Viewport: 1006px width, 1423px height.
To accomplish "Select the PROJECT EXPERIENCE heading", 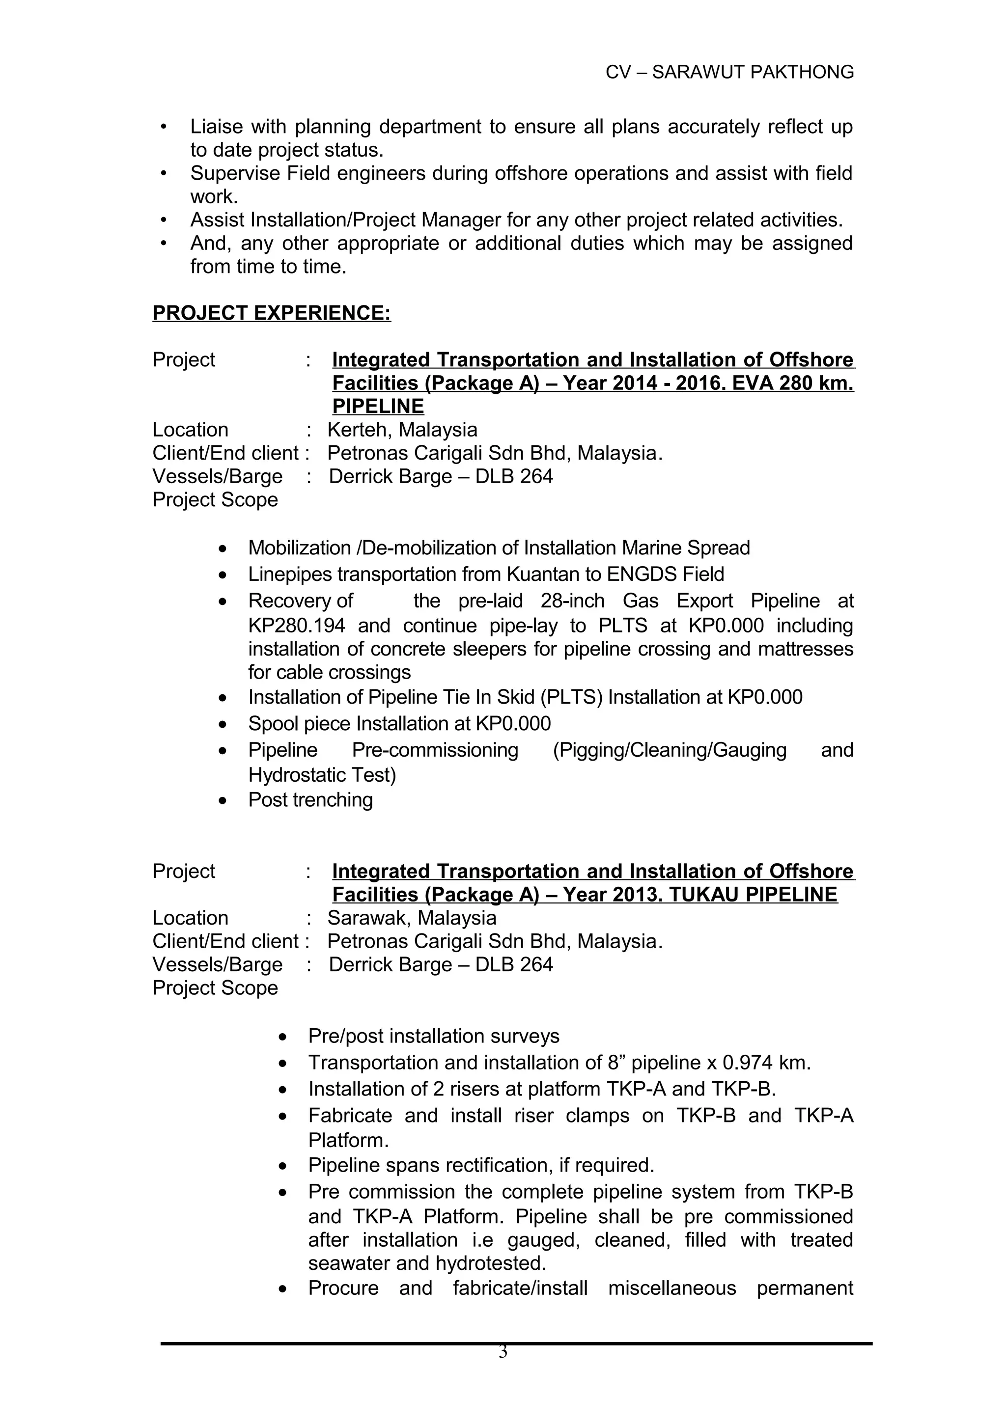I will click(272, 313).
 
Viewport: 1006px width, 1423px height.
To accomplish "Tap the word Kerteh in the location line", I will click(360, 430).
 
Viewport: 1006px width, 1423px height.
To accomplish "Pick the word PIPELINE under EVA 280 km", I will click(378, 407).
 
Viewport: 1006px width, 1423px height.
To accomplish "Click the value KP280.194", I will click(296, 626).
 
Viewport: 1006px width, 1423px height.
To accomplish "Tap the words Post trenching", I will click(310, 799).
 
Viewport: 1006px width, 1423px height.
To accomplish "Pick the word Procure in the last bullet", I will click(343, 1288).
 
